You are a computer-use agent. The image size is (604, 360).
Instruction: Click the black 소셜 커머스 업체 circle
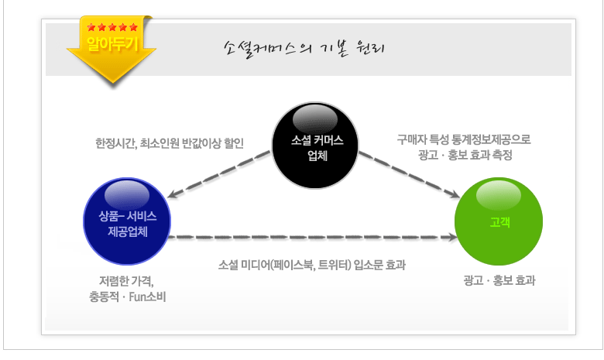[316, 145]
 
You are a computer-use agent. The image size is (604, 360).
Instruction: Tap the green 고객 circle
[499, 221]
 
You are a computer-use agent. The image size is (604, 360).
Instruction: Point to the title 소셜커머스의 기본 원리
[304, 48]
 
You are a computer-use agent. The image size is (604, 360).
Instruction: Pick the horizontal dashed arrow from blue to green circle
[310, 235]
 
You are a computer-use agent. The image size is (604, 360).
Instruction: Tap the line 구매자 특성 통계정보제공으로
[464, 139]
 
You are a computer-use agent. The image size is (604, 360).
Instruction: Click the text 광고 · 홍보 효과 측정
[464, 154]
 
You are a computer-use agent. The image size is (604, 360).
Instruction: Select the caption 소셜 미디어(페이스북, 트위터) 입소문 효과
[312, 265]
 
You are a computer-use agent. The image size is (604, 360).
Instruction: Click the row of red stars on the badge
[112, 28]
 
